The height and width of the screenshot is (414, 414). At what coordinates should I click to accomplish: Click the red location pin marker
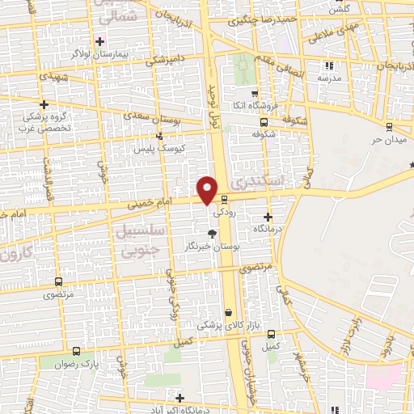tap(208, 189)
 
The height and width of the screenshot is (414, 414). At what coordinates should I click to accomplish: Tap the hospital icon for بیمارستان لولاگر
tap(100, 40)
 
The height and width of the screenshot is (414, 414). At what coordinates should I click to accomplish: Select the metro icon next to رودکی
tap(225, 201)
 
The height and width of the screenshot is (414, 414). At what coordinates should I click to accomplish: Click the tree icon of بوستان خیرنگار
tap(212, 233)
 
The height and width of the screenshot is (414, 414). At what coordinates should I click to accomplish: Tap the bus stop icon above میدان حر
tap(389, 127)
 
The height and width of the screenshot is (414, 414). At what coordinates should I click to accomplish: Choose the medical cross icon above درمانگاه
tap(268, 217)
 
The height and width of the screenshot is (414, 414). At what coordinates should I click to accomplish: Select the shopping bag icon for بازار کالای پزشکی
tap(229, 312)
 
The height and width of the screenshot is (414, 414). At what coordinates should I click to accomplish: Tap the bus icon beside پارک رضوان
tap(76, 352)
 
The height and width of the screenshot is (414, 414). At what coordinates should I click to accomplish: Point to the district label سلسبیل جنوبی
tap(142, 242)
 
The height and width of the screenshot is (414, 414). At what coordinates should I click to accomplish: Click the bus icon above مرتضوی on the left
tap(57, 281)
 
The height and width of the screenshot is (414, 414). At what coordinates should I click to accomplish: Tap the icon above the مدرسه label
tap(328, 65)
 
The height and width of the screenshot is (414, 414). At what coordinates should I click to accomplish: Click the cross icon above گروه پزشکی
tap(44, 103)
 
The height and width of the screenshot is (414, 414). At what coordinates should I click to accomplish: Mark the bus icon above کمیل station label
tap(270, 332)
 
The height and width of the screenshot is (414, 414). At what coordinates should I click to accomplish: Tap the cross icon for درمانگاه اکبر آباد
tap(180, 397)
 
